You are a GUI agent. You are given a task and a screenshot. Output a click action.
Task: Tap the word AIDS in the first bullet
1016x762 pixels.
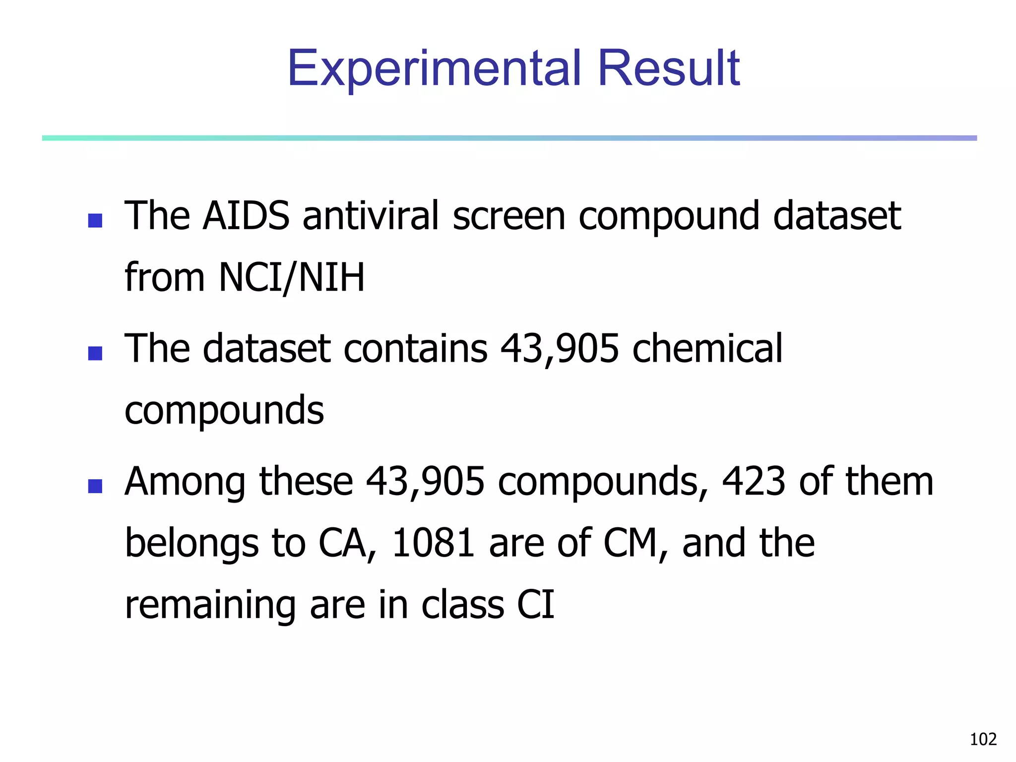[246, 216]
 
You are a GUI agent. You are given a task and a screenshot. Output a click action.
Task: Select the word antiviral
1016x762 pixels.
[371, 216]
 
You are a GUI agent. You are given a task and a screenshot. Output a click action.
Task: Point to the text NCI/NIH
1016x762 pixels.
[292, 278]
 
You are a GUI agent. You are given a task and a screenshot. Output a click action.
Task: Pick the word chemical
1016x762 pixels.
[707, 348]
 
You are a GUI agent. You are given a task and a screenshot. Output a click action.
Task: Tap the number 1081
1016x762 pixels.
[433, 543]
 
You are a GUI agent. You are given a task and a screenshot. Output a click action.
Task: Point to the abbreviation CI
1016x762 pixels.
[536, 605]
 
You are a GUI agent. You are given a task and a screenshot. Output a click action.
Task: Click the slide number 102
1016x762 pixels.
[983, 740]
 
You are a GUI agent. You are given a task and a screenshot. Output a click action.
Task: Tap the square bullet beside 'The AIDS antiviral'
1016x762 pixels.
[95, 221]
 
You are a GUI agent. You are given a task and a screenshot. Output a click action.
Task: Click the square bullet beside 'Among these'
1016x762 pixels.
[95, 486]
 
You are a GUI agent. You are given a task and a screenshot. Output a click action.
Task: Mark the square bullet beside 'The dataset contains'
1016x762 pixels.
[95, 353]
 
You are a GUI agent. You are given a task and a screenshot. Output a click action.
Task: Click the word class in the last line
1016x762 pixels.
[462, 605]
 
